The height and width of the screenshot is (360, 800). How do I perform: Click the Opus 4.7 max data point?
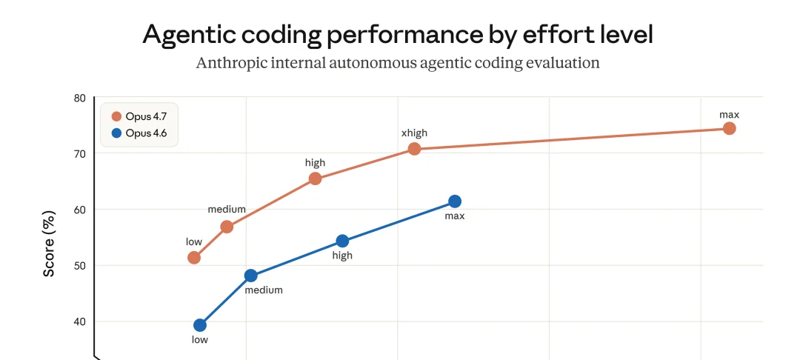click(729, 128)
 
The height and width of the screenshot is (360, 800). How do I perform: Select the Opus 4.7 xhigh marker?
click(414, 149)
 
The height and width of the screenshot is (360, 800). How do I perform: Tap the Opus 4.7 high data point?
click(315, 179)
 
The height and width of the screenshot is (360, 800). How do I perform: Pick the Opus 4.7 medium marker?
click(227, 227)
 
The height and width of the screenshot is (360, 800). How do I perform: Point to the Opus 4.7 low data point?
click(194, 258)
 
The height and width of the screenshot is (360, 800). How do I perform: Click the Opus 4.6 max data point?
click(455, 201)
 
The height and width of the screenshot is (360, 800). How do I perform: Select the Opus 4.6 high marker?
click(342, 241)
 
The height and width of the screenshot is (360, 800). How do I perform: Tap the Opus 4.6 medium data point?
click(250, 276)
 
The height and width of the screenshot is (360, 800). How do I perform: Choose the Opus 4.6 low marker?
click(200, 325)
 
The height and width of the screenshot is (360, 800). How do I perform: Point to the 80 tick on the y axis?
click(80, 98)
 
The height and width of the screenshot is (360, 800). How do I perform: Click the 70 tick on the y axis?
click(80, 153)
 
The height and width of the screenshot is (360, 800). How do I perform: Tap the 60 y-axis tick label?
click(80, 210)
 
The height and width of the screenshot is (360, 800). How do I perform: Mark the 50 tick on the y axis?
click(80, 265)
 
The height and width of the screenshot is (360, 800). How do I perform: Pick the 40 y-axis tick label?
click(80, 321)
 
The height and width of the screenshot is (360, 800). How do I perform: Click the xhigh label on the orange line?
click(414, 133)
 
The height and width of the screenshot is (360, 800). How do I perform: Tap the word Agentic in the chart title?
click(190, 34)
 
